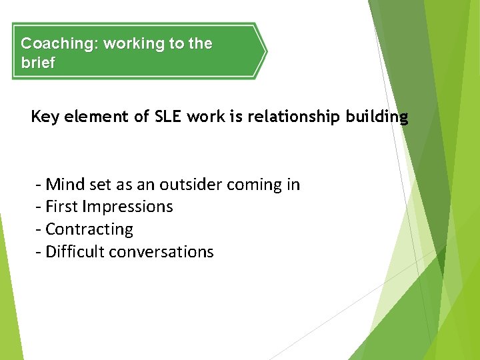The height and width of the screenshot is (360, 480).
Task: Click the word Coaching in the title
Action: click(59, 44)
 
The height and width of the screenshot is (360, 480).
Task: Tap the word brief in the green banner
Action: click(38, 63)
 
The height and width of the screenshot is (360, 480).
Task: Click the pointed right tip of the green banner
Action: click(265, 51)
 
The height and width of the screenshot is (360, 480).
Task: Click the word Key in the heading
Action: click(45, 117)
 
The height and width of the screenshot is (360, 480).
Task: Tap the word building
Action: click(377, 117)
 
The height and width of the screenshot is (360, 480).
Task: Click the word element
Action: click(99, 117)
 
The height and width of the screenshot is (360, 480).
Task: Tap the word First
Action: click(62, 207)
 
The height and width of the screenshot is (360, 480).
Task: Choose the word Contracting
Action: click(89, 229)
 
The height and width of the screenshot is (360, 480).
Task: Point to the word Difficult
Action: click(75, 251)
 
